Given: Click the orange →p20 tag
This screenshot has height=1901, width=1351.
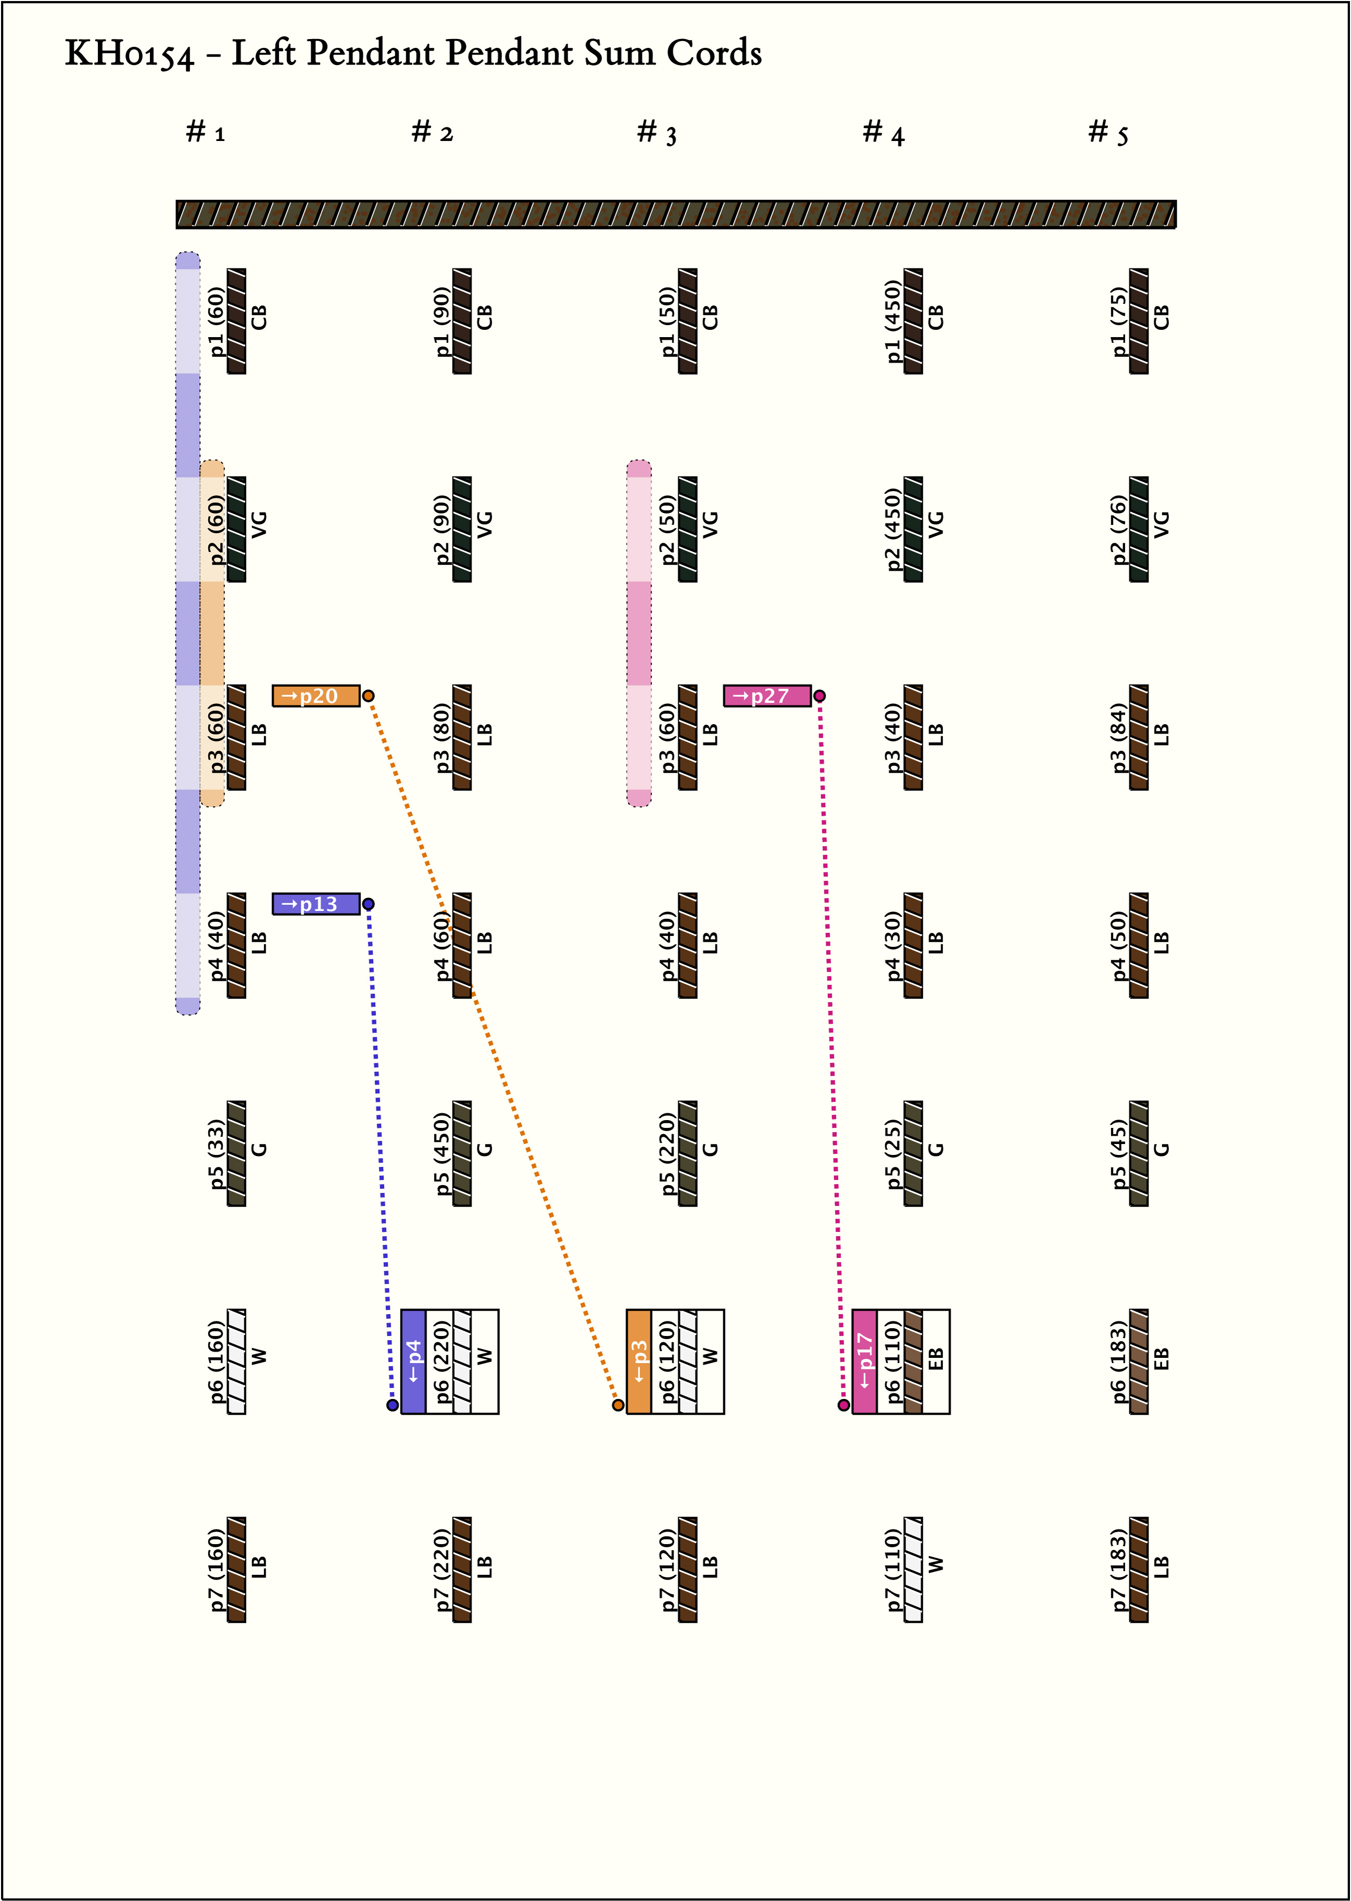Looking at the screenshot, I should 316,696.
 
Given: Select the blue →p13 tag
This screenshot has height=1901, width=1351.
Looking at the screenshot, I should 316,904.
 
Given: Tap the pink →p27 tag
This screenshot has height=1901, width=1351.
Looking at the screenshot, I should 767,696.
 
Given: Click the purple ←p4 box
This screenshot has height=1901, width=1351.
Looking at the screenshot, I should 413,1361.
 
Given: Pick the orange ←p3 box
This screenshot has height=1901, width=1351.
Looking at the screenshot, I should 639,1361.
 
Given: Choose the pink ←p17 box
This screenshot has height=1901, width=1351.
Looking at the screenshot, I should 864,1361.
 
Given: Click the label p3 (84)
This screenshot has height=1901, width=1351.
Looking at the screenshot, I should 1118,738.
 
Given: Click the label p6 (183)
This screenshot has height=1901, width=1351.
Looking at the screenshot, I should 1118,1361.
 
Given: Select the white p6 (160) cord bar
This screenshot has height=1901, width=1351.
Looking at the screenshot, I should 237,1361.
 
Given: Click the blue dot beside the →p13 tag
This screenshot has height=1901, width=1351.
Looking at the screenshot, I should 368,904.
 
